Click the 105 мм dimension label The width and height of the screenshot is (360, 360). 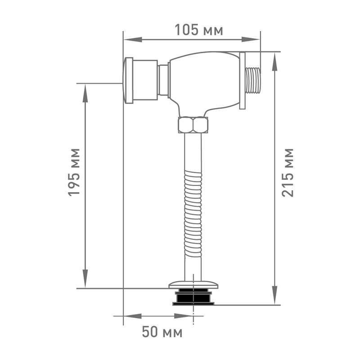click(x=199, y=30)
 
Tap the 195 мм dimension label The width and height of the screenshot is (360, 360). click(x=74, y=172)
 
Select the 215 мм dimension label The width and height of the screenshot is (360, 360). click(x=288, y=173)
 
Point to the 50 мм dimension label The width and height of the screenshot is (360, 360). click(x=162, y=332)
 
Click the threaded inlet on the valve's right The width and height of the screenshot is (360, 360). click(x=253, y=81)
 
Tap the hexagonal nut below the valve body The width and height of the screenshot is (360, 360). click(x=193, y=125)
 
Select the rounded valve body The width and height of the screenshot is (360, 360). click(x=204, y=83)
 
